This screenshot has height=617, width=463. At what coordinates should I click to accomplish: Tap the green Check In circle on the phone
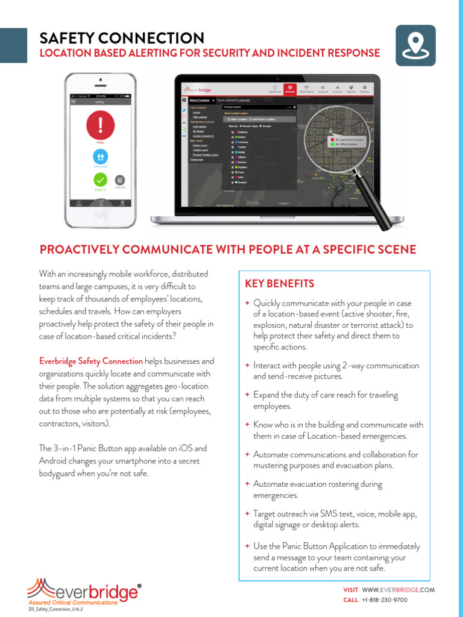(101, 180)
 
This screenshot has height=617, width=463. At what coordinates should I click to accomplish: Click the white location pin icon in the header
(415, 45)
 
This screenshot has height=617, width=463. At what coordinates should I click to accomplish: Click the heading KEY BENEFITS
(279, 283)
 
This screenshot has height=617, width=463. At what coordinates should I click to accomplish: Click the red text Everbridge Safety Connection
(91, 361)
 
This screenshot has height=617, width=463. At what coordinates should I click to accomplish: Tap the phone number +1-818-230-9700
(385, 600)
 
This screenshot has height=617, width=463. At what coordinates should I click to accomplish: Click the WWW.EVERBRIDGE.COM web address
(398, 590)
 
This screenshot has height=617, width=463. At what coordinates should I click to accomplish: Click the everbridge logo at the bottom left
(84, 592)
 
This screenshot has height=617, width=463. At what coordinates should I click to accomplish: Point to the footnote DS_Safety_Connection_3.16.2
(56, 610)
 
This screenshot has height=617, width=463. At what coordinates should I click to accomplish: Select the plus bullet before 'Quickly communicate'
(247, 302)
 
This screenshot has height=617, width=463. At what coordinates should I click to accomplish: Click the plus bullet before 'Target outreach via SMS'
(247, 513)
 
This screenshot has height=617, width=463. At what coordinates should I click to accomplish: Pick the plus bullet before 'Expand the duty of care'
(247, 395)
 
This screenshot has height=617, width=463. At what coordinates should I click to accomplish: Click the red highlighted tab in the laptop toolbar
(290, 89)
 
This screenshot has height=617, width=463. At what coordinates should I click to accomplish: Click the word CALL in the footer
(350, 600)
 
